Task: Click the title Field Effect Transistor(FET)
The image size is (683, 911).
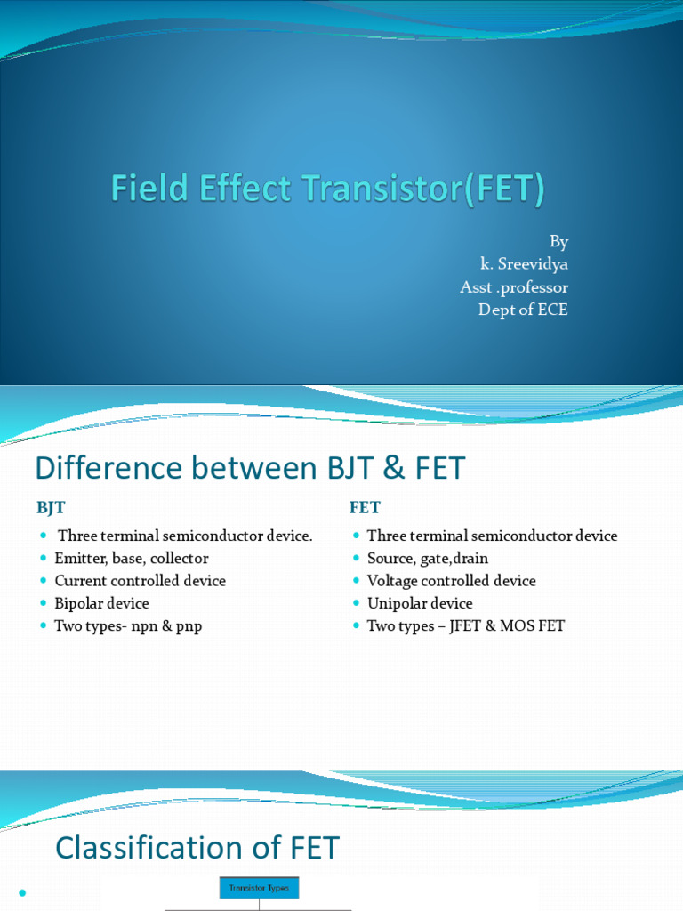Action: coord(327,189)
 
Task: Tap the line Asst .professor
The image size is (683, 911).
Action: coord(513,287)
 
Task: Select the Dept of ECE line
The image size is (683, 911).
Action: coord(523,310)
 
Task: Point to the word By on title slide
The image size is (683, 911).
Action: coord(558,242)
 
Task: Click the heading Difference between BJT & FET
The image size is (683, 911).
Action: coord(249,468)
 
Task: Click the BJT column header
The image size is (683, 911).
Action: coord(51,507)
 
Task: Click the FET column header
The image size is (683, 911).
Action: coord(365,507)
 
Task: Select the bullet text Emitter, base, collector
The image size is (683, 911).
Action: coord(132,559)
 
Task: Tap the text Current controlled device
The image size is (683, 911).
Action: coord(141,581)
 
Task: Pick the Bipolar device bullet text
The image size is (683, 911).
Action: coord(102,603)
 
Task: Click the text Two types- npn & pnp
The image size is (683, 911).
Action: coord(128,626)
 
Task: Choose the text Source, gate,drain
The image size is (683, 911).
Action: coord(428,559)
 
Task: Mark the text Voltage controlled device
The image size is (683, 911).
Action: coord(452,581)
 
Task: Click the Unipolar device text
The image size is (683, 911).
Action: coord(420,603)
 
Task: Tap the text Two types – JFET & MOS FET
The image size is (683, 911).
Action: coord(466,626)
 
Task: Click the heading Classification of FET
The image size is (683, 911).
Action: coord(197,848)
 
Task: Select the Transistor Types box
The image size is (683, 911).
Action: coord(260,888)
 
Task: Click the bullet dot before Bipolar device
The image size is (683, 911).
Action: coord(43,604)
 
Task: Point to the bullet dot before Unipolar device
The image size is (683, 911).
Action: coord(356,604)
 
